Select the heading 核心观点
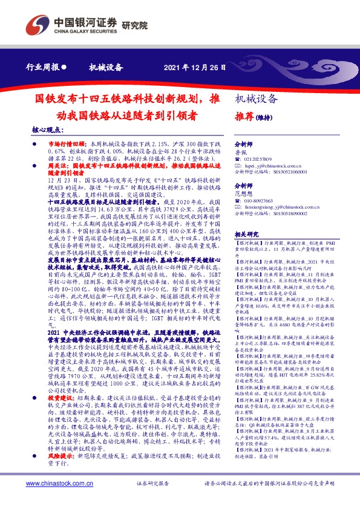click(48, 131)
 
